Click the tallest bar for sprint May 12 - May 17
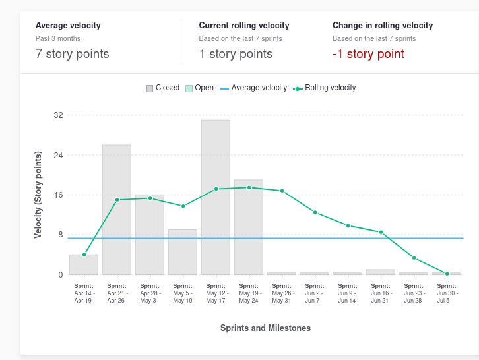[x=216, y=197]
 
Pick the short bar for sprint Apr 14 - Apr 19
[x=84, y=264]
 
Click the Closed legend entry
[x=163, y=88]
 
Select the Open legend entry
[x=199, y=88]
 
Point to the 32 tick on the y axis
[x=58, y=115]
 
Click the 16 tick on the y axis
[x=58, y=195]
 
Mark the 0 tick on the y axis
[x=60, y=275]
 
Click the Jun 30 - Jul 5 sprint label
[x=447, y=293]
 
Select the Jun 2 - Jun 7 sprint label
[x=315, y=293]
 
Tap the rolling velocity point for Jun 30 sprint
[x=447, y=274]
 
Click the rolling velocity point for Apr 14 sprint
[x=84, y=255]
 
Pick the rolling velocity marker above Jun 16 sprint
[x=381, y=232]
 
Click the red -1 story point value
[x=368, y=54]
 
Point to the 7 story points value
[x=73, y=54]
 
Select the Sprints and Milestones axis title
[x=265, y=328]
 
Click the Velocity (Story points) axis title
[x=38, y=195]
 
